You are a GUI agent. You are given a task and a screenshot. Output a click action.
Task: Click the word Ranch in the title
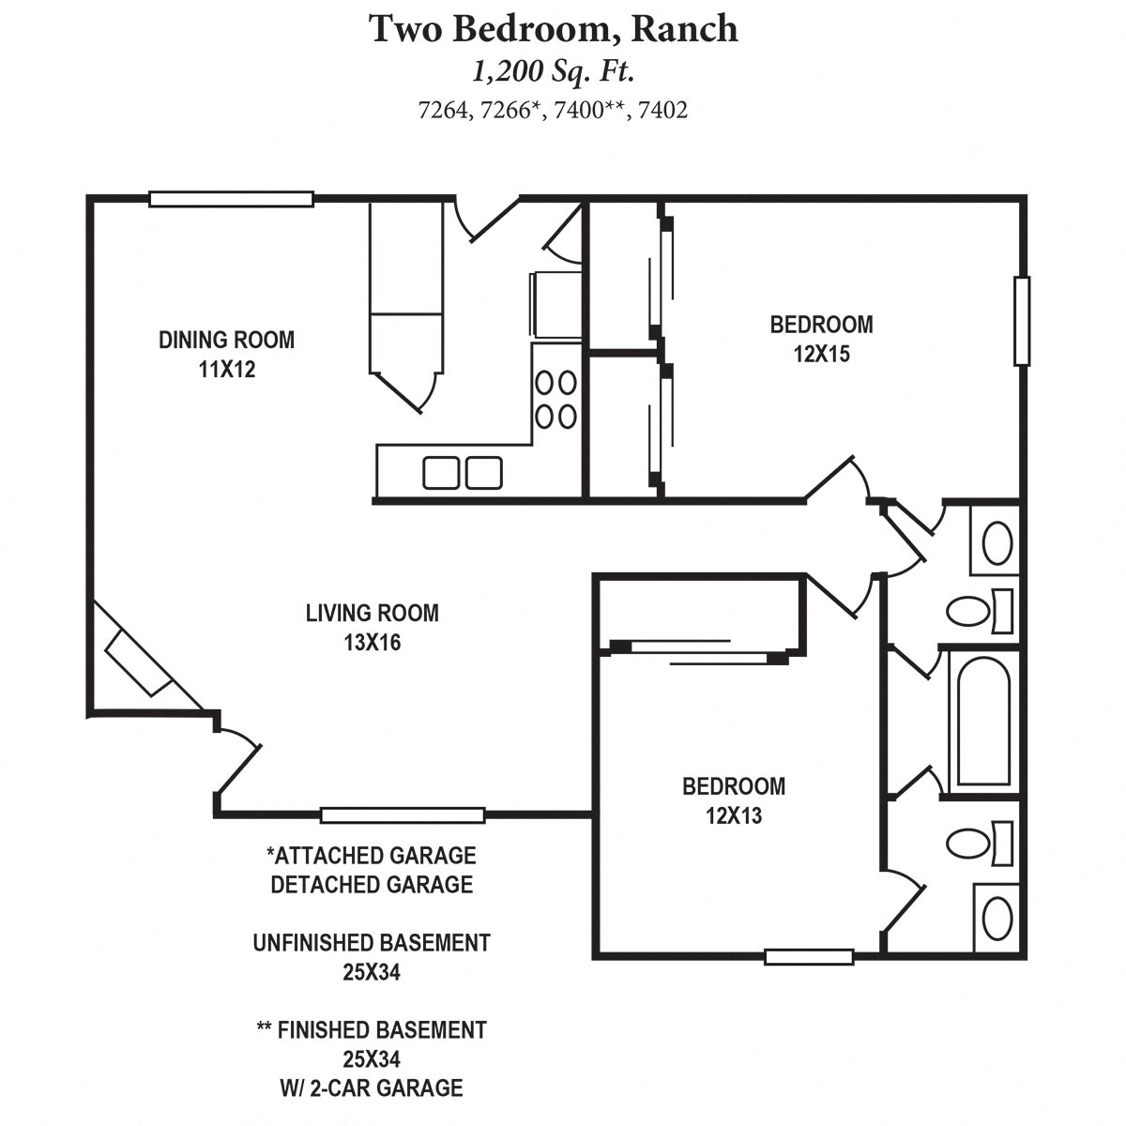[684, 29]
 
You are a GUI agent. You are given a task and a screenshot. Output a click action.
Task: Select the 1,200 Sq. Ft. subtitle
[553, 72]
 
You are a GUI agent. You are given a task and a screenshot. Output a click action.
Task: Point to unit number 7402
[662, 111]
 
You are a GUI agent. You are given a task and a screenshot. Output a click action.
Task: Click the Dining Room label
[226, 340]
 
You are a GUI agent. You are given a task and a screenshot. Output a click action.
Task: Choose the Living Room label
[372, 614]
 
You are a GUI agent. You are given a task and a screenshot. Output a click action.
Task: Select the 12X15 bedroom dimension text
[821, 355]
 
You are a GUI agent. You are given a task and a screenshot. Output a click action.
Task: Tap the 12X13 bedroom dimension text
[734, 815]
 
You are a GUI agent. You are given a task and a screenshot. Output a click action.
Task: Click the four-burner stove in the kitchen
[555, 399]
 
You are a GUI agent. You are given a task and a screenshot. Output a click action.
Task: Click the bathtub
[981, 720]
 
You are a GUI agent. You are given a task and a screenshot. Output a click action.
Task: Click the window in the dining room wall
[231, 199]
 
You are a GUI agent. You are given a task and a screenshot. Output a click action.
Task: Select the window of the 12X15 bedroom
[1022, 321]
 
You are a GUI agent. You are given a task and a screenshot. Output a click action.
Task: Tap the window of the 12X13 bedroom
[809, 957]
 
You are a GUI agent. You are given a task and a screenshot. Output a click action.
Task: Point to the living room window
[403, 815]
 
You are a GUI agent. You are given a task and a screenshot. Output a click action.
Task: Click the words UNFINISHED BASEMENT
[372, 943]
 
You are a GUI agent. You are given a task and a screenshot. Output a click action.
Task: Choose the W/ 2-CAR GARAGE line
[372, 1088]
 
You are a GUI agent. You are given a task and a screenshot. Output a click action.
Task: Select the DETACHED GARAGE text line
[372, 885]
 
